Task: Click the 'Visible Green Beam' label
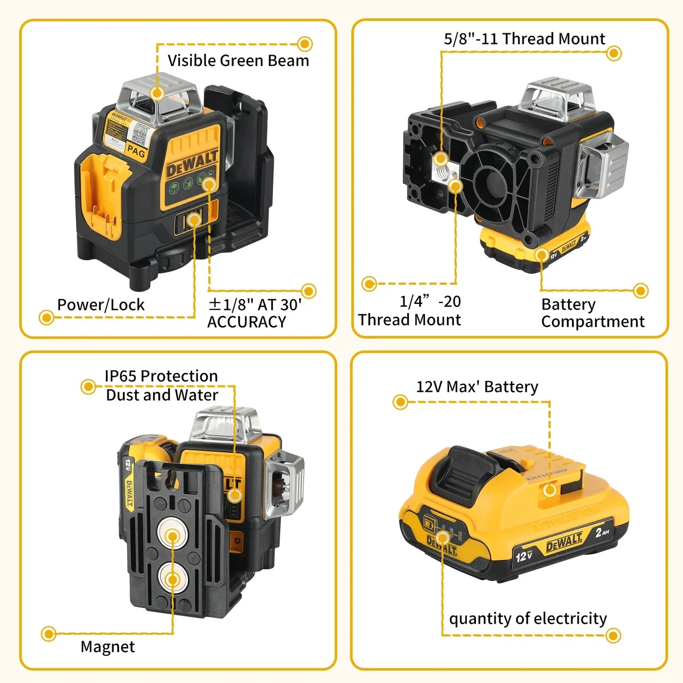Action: pyautogui.click(x=238, y=61)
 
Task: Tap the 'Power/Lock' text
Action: pyautogui.click(x=101, y=305)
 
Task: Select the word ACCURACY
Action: pyautogui.click(x=246, y=322)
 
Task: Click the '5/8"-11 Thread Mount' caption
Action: pyautogui.click(x=524, y=39)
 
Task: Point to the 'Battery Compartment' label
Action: pyautogui.click(x=592, y=313)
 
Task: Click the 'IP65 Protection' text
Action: pyautogui.click(x=161, y=376)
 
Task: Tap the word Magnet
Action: pyautogui.click(x=107, y=647)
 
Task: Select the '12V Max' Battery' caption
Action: pyautogui.click(x=477, y=387)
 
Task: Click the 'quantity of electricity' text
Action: pyautogui.click(x=527, y=619)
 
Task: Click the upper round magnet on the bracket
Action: pyautogui.click(x=172, y=536)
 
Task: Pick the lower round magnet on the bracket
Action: pyautogui.click(x=172, y=579)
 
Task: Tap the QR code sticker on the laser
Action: pyautogui.click(x=140, y=133)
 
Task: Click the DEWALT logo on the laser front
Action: pyautogui.click(x=192, y=163)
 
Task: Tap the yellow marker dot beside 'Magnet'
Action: pyautogui.click(x=49, y=634)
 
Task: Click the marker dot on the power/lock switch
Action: pyautogui.click(x=194, y=220)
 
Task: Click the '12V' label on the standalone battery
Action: pyautogui.click(x=524, y=556)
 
